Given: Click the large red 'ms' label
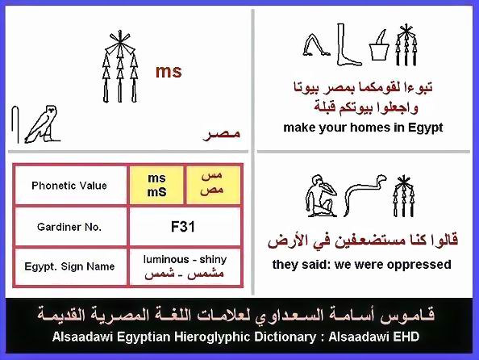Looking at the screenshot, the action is pyautogui.click(x=169, y=72).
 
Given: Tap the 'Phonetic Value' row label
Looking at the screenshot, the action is pyautogui.click(x=69, y=186).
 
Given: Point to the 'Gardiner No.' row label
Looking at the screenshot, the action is pyautogui.click(x=69, y=227).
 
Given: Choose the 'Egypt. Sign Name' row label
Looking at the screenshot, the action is pyautogui.click(x=69, y=266).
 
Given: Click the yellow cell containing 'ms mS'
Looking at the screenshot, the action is pyautogui.click(x=156, y=185).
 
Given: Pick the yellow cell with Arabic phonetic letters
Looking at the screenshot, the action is pyautogui.click(x=213, y=185).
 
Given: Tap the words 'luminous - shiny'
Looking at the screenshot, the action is pyautogui.click(x=185, y=259).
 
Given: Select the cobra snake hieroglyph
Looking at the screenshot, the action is pyautogui.click(x=364, y=195).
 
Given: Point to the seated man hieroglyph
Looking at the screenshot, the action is pyautogui.click(x=320, y=196).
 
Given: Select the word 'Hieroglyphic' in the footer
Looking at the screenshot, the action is pyautogui.click(x=213, y=337).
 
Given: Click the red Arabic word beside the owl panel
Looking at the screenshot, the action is pyautogui.click(x=222, y=134).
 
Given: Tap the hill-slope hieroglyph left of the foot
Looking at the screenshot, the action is pyautogui.click(x=316, y=45).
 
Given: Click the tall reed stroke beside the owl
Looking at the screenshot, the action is pyautogui.click(x=15, y=124).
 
